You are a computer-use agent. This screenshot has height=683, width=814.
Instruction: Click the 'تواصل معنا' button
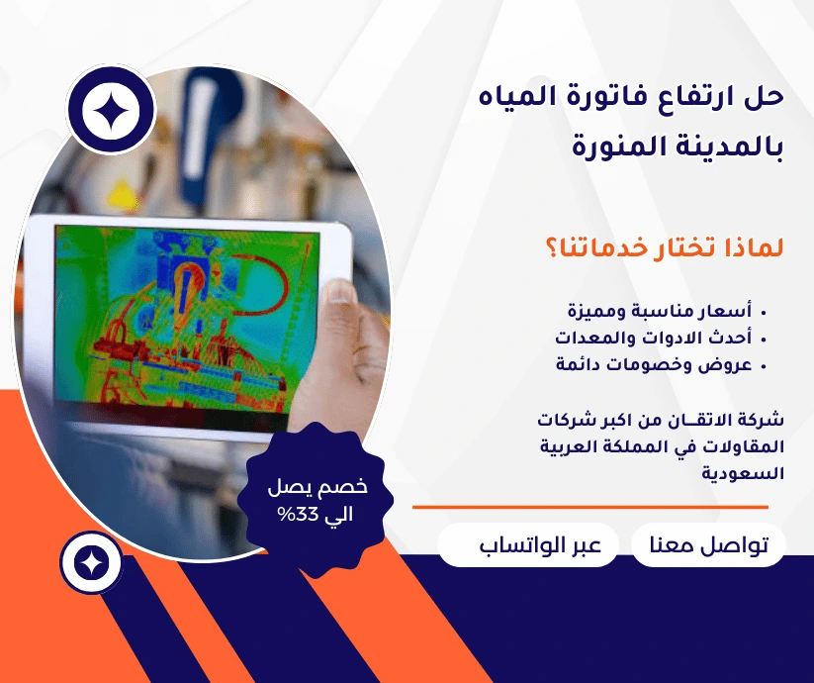[x=707, y=546]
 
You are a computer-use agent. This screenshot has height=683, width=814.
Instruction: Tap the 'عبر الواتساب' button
[x=528, y=546]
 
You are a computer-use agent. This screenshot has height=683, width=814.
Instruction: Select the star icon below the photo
[x=91, y=562]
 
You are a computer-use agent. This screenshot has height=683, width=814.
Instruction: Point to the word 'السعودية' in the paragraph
[x=743, y=473]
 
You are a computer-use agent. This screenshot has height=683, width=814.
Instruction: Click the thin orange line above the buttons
[x=597, y=507]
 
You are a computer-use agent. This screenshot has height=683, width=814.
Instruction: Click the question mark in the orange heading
[x=552, y=247]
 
